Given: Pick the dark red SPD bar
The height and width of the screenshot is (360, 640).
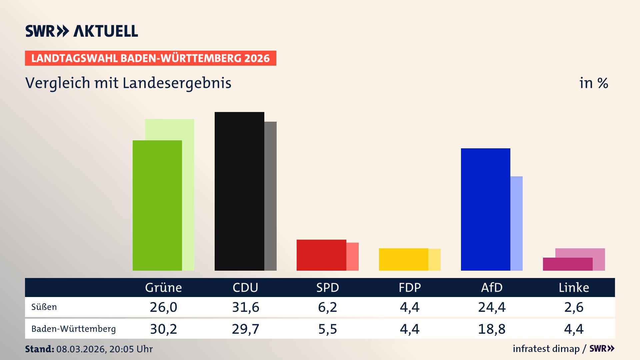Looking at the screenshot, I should tap(321, 255).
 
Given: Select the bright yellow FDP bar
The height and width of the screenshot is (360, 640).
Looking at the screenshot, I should tap(403, 259).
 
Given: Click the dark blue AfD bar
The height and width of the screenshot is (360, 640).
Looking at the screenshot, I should tap(485, 209).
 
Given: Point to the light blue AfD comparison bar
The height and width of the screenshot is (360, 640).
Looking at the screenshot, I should tap(516, 223).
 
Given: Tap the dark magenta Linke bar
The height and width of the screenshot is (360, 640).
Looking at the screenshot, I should tap(567, 264).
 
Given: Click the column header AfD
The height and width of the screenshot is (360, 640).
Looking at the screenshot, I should tap(492, 287).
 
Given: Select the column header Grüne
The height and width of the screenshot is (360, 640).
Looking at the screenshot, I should tap(163, 287).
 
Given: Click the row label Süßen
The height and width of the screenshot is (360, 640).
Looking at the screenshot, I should tap(44, 307).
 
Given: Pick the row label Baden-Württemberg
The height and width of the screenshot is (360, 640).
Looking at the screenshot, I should tap(73, 329).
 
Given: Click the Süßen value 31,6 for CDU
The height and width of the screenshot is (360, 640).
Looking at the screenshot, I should tap(246, 307).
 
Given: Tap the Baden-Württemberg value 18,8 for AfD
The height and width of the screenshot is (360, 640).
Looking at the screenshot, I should tap(492, 329).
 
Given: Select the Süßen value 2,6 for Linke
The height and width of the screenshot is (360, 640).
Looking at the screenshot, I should tap(574, 307).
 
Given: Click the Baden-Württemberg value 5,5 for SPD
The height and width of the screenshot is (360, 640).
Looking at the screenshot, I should tap(328, 329).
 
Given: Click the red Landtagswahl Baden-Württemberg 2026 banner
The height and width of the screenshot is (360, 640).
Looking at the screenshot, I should tap(150, 58).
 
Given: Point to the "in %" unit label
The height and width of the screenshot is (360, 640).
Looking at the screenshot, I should tap(593, 83).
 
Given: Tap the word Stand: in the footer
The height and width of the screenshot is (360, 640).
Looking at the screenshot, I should tap(39, 349).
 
